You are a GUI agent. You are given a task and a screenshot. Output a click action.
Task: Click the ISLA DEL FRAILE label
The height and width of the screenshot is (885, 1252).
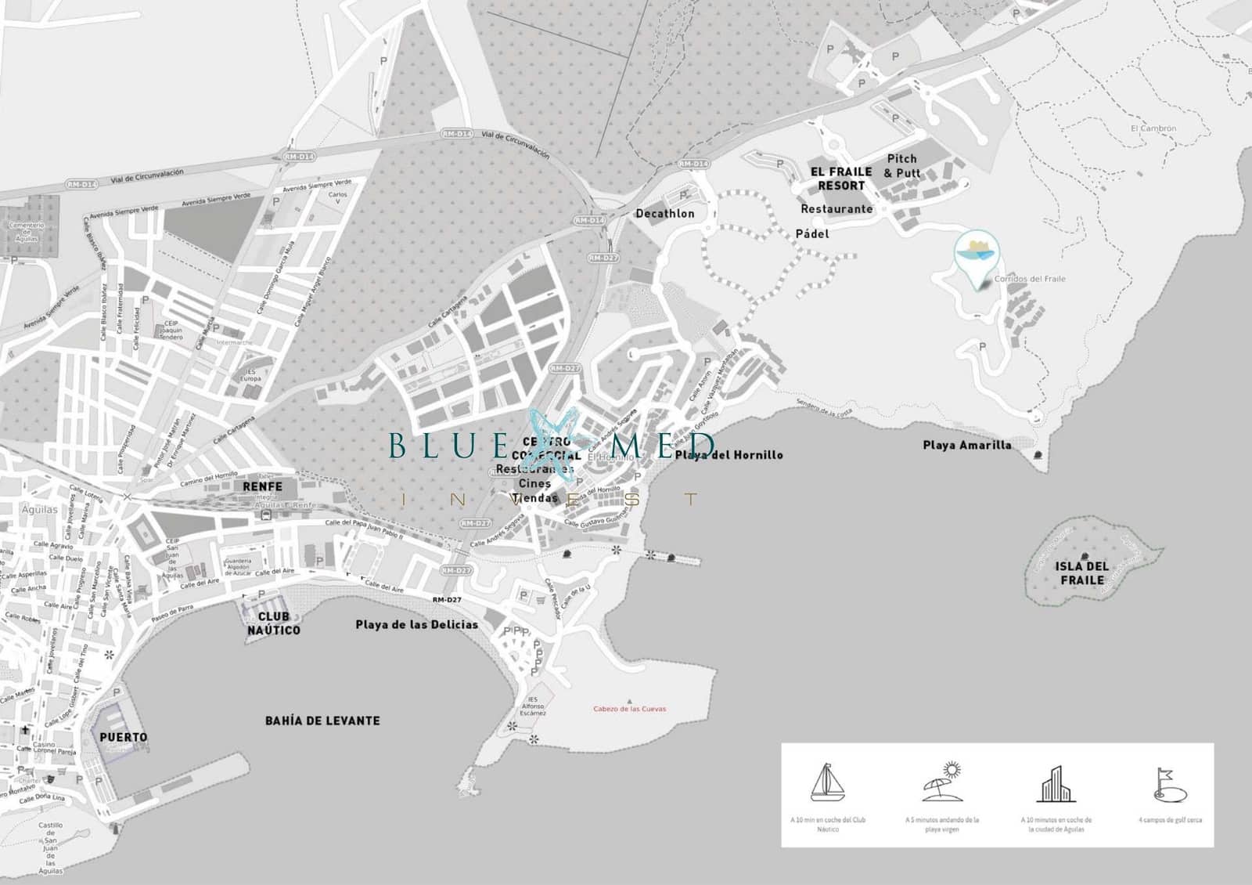tap(1082, 573)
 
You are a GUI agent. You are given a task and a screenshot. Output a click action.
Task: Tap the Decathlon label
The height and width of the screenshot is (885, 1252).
tap(664, 213)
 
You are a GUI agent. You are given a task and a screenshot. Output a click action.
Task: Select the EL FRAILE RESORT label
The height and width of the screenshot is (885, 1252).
tap(841, 179)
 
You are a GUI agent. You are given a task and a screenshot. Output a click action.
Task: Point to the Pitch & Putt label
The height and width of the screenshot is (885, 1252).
tap(901, 165)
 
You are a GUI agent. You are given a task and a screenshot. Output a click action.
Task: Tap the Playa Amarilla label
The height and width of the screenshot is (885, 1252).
tap(966, 445)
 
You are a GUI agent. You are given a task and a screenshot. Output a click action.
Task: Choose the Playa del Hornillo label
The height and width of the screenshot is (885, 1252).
tap(729, 454)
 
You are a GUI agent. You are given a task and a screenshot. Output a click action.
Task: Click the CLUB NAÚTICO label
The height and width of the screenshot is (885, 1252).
tap(274, 623)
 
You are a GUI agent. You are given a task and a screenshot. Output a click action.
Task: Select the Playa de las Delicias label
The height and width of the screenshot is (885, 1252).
tap(416, 625)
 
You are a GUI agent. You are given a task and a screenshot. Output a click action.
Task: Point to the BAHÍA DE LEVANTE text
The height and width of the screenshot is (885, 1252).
tap(322, 721)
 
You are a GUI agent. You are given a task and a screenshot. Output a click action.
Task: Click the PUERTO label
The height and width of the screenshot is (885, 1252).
tap(123, 737)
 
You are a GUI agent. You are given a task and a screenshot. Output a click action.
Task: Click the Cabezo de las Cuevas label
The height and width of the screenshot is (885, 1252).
tap(630, 709)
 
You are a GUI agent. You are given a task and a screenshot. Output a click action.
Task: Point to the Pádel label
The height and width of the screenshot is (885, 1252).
tap(811, 233)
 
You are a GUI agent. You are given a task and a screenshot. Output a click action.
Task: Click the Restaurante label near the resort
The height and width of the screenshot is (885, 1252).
tap(836, 209)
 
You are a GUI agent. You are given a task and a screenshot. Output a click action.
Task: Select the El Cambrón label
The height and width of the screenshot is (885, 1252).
tap(1153, 128)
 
